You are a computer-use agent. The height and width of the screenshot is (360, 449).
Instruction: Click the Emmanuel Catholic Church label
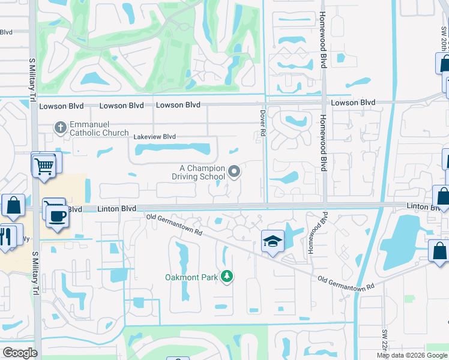coord(99,128)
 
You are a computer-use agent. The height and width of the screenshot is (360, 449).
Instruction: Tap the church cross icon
coord(59,127)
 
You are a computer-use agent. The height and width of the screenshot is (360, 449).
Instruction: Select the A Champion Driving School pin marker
coord(235,172)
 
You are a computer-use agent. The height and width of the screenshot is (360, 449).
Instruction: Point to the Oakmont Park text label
coord(192,277)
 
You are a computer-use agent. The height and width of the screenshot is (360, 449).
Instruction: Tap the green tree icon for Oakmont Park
coord(226,276)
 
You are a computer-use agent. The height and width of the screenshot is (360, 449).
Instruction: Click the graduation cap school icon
coord(272,242)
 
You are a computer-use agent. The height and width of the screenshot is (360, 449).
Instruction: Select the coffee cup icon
coord(58,216)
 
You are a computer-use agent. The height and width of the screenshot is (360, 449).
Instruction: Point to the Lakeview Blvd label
coord(154,137)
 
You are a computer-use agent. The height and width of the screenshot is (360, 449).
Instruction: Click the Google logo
coord(20,353)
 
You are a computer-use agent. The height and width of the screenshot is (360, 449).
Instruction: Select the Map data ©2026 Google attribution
coord(412,355)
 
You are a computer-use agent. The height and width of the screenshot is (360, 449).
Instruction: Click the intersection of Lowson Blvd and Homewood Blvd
coord(323,102)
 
